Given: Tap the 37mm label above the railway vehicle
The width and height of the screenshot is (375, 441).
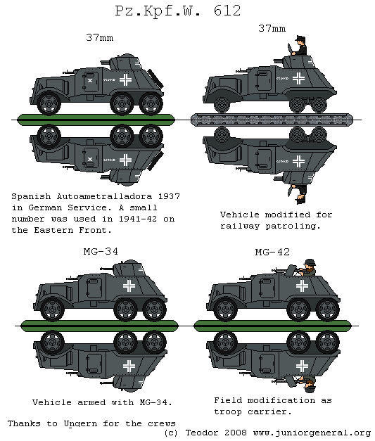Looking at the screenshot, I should click(x=272, y=29).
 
